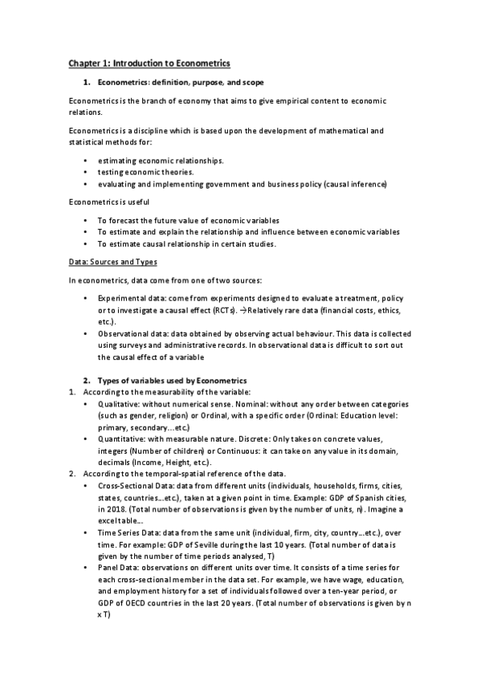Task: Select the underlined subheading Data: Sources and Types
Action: pyautogui.click(x=113, y=262)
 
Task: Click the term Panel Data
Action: pyautogui.click(x=117, y=568)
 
